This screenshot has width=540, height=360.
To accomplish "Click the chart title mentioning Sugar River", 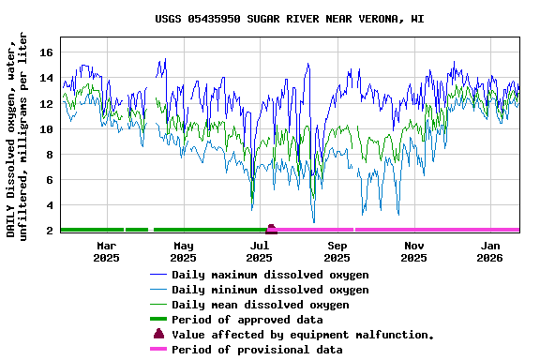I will (x=289, y=19).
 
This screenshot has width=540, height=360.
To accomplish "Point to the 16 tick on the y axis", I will (x=46, y=52).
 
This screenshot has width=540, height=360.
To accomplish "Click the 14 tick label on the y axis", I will (x=46, y=78).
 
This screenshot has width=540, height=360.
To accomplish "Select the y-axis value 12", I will (x=46, y=103).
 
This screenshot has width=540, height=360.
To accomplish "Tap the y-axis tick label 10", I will (x=46, y=128).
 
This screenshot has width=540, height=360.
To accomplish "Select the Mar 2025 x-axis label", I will (x=107, y=250).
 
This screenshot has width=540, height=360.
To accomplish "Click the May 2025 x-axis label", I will (x=184, y=250).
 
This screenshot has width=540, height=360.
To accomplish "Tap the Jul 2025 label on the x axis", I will (x=261, y=250).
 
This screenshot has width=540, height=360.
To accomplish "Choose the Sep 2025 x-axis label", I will (x=337, y=250).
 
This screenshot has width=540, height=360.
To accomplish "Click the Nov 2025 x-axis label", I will (x=414, y=250).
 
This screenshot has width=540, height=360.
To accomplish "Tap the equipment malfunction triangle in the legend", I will (x=158, y=334).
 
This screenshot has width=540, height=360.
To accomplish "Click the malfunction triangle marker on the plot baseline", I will (x=271, y=228).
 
